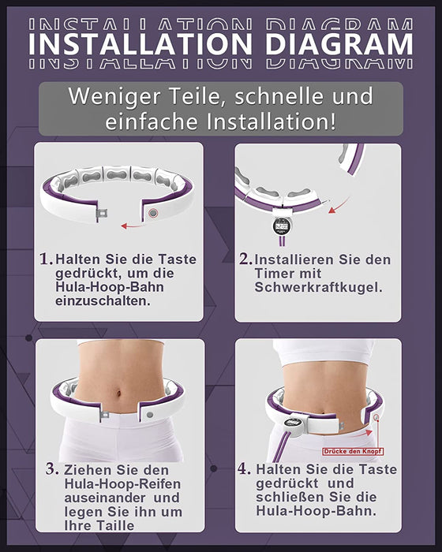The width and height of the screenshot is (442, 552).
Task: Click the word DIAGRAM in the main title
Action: coord(339,44)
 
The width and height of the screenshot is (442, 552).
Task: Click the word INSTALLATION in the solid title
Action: coord(140,44)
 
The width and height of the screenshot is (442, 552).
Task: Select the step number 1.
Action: coord(46,259)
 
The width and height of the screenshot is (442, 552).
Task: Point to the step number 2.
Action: coord(245,259)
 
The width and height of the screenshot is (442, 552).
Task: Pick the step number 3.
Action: coord(52,469)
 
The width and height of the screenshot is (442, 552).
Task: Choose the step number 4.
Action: coord(244,468)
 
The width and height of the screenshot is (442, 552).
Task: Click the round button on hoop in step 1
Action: coord(153,213)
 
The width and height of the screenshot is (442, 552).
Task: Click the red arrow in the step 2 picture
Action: coord(339,206)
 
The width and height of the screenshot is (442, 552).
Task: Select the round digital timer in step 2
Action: coord(282,226)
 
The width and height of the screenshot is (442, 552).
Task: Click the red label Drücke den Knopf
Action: coord(353,451)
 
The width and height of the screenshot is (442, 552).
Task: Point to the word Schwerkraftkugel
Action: coord(318,287)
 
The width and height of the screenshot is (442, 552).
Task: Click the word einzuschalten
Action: coord(103,301)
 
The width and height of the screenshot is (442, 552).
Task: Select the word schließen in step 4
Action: coord(300,497)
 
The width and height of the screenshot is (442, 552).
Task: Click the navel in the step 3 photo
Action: coord(119,393)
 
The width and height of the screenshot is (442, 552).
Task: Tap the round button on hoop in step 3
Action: coord(150,415)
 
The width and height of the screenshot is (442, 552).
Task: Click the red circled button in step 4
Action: coord(376,417)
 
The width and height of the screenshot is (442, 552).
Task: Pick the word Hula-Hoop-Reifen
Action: coord(122,484)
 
